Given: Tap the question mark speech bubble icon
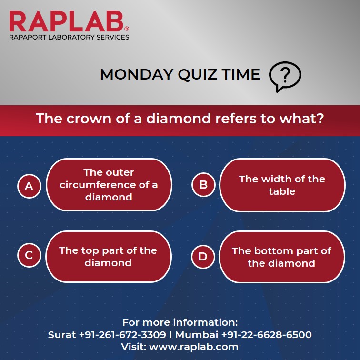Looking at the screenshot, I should click(285, 76).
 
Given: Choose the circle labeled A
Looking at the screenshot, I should click(29, 185).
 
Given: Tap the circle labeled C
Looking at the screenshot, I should click(29, 256).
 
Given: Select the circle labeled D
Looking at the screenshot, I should click(203, 257).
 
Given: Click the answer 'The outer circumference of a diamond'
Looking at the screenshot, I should click(109, 185).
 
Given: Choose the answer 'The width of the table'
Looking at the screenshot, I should click(282, 185).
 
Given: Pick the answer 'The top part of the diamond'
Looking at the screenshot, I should click(108, 257).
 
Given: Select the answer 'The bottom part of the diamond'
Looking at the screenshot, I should click(281, 257).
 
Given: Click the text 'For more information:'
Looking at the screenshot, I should click(180, 322).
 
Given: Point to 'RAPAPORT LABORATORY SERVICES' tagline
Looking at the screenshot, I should click(69, 37).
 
